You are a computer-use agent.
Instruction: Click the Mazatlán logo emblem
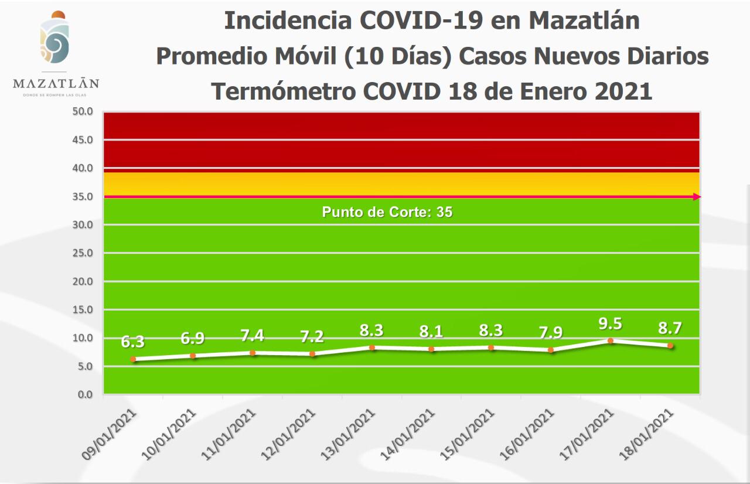(56, 40)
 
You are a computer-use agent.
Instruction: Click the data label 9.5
(611, 324)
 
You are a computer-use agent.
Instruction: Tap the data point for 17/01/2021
(611, 340)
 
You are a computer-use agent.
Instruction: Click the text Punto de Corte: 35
(387, 212)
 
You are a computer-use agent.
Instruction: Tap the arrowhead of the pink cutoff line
(697, 197)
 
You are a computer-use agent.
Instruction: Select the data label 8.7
(670, 328)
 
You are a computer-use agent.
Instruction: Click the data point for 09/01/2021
(133, 359)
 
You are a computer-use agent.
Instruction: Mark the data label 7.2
(312, 336)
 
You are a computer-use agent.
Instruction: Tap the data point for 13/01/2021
(371, 347)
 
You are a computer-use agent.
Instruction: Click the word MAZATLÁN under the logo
(56, 84)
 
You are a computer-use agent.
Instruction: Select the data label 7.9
(551, 333)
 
